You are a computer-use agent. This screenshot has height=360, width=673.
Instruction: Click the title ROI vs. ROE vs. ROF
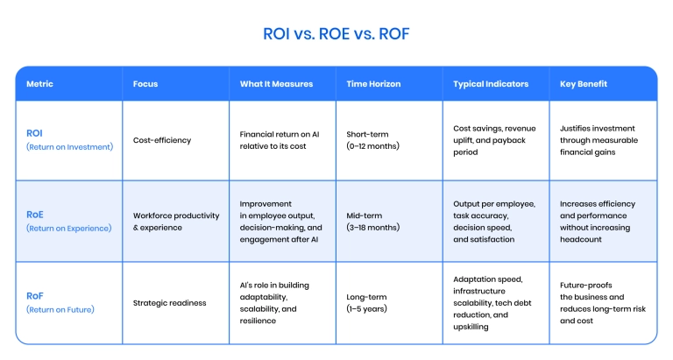[336, 34]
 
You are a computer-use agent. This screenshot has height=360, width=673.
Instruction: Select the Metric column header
[39, 84]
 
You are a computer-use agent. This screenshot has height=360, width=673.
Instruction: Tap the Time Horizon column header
[373, 84]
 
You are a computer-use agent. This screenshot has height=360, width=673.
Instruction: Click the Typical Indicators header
[491, 84]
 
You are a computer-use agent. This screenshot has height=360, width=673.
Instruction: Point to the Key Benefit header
[584, 84]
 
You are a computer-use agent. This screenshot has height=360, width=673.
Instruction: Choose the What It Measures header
[276, 84]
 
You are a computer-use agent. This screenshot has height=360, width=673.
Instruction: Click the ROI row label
[34, 133]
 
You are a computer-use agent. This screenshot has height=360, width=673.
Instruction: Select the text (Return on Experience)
[69, 229]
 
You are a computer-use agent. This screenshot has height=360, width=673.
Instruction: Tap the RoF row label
[35, 296]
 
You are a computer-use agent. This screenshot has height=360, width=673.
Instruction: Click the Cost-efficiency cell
[162, 140]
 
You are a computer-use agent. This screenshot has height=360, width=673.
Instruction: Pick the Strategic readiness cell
[169, 303]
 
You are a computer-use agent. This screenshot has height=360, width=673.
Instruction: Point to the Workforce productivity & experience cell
[176, 222]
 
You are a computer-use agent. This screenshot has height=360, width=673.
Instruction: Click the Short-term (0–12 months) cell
[372, 140]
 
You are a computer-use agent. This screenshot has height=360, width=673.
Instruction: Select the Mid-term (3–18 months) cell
[372, 222]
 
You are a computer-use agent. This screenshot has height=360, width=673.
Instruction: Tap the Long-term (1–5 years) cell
[366, 303]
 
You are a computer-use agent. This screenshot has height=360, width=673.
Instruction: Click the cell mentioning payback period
[494, 140]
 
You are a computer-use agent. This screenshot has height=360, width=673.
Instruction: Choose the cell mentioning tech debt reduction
[492, 303]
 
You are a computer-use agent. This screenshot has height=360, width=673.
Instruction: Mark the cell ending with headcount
[598, 222]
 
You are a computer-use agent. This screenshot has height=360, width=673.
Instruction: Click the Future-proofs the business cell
[603, 303]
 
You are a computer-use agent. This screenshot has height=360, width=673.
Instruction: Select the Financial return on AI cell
[280, 140]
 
